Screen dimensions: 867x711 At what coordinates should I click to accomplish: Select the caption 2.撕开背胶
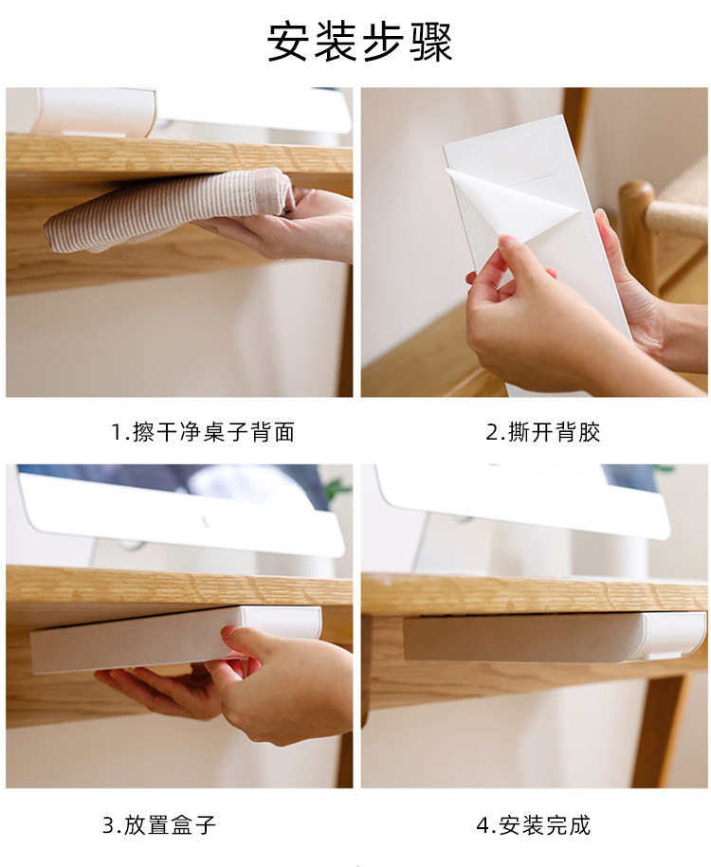543,432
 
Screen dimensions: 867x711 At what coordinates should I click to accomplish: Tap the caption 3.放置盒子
159,824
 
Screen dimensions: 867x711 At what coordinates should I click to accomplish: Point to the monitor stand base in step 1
95,112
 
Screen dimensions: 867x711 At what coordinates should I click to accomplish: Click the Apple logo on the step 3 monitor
206,521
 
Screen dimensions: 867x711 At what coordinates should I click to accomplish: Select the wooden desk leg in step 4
659,730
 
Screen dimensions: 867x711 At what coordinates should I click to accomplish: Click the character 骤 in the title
431,43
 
